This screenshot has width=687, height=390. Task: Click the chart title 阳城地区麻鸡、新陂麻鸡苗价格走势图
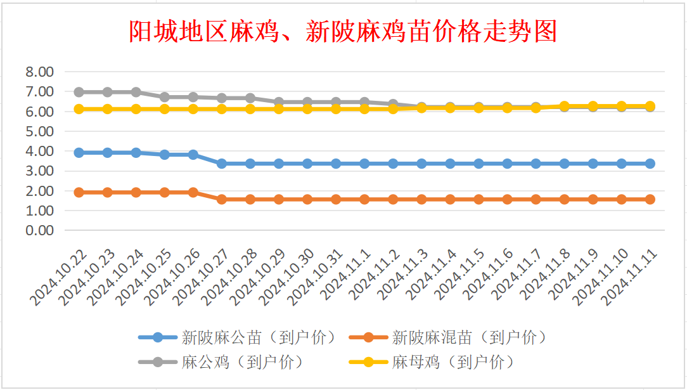[x=343, y=30]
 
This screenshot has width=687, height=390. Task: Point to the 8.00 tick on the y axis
[x=40, y=72]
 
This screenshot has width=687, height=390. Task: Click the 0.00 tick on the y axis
[x=40, y=230]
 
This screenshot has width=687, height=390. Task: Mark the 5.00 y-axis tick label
[x=40, y=131]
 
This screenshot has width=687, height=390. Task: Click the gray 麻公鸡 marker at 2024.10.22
[x=79, y=92]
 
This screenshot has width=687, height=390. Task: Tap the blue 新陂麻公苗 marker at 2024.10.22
[x=79, y=153]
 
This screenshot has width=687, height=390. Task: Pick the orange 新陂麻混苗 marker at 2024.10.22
[x=79, y=192]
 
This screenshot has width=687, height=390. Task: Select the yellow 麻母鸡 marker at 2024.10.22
[x=79, y=109]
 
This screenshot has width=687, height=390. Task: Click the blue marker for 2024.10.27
[x=222, y=164]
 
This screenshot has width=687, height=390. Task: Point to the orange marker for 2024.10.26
[x=193, y=192]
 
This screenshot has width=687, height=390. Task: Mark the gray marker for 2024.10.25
[x=165, y=97]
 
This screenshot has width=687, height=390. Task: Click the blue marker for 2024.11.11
[x=650, y=164]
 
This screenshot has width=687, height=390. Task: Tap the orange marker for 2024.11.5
[x=478, y=199]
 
